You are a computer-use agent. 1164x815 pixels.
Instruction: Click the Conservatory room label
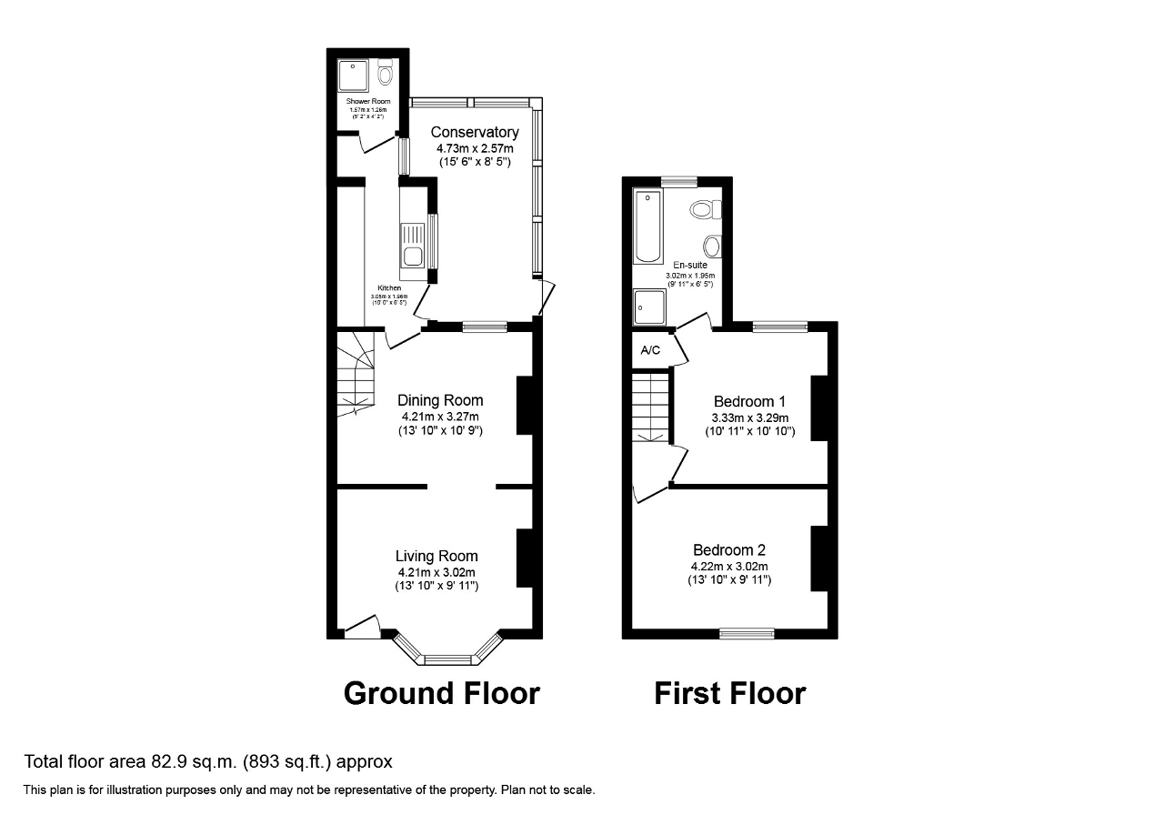pyautogui.click(x=475, y=133)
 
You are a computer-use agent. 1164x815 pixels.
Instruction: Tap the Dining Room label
pyautogui.click(x=440, y=400)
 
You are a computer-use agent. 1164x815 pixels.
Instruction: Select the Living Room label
pyautogui.click(x=436, y=556)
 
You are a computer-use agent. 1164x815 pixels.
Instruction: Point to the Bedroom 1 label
pyautogui.click(x=749, y=401)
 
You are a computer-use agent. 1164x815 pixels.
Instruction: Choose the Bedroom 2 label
pyautogui.click(x=729, y=549)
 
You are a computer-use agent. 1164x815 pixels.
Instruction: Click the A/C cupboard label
pyautogui.click(x=650, y=350)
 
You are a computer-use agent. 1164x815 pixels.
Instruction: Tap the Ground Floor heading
pyautogui.click(x=441, y=693)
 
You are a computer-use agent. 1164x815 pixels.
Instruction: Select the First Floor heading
pyautogui.click(x=729, y=693)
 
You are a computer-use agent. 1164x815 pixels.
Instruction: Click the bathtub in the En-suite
pyautogui.click(x=648, y=226)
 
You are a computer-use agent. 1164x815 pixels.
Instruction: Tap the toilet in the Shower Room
pyautogui.click(x=386, y=72)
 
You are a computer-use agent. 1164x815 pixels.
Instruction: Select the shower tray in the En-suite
pyautogui.click(x=649, y=307)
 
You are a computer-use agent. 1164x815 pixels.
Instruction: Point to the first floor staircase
pyautogui.click(x=651, y=407)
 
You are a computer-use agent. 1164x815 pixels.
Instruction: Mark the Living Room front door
pyautogui.click(x=363, y=628)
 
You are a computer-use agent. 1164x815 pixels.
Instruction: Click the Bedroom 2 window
pyautogui.click(x=748, y=633)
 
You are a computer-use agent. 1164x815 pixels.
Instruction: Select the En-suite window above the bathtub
pyautogui.click(x=678, y=181)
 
